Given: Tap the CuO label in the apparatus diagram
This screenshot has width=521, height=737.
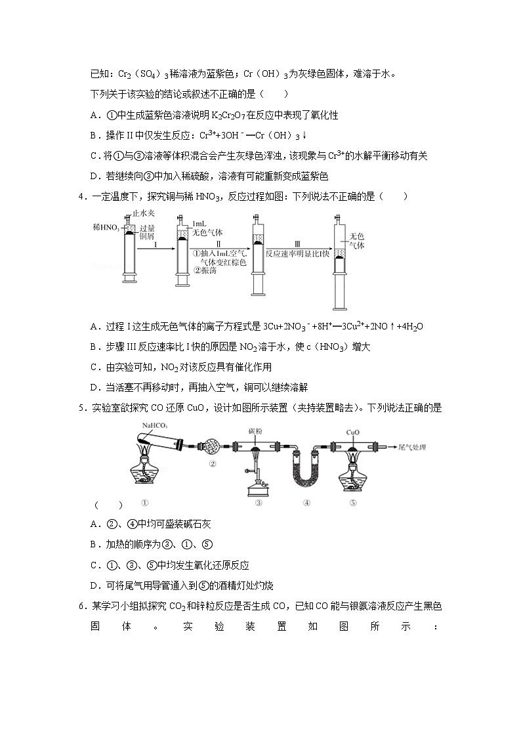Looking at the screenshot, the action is point(352,432).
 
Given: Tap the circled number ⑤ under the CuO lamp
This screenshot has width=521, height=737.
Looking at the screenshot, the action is point(352,503).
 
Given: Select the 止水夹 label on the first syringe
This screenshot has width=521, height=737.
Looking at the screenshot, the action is point(144,213).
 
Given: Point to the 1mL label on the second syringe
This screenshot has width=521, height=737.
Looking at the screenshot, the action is point(196,224).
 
